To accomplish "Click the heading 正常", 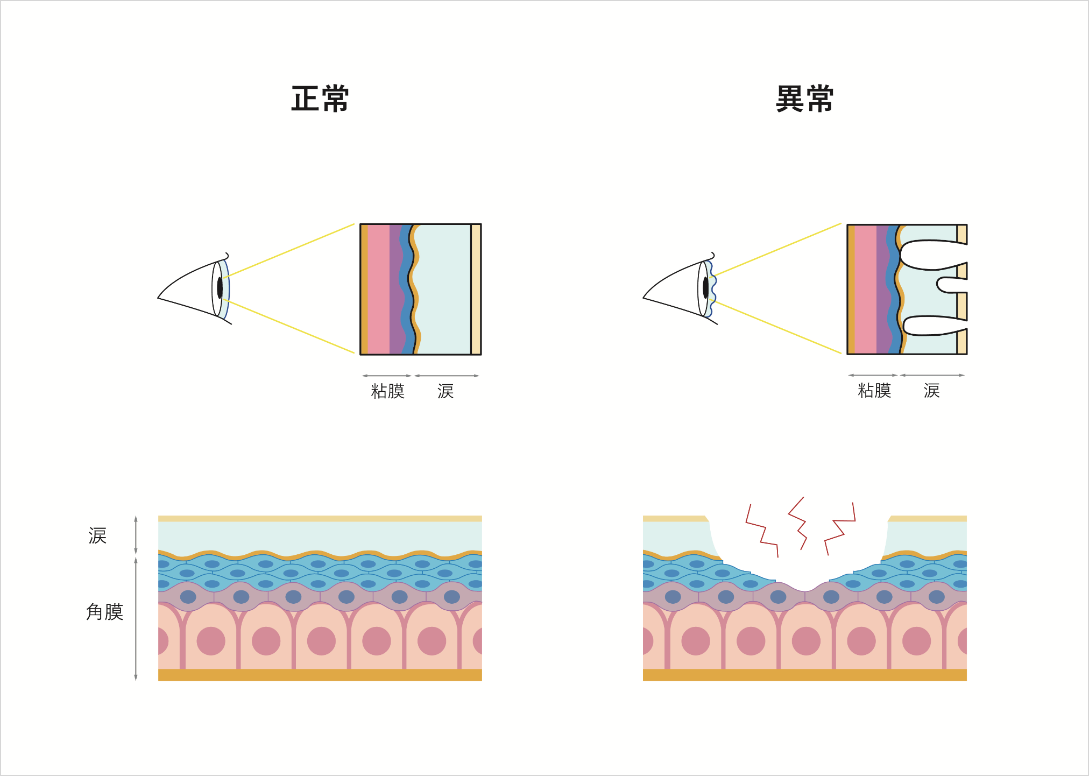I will tap(320, 99).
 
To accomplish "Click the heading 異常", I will tap(804, 99).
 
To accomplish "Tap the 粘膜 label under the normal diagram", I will tap(387, 391).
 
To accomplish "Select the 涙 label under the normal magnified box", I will tap(445, 391).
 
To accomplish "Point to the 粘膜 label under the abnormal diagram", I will tap(874, 391).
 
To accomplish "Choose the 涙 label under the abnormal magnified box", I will tap(931, 391).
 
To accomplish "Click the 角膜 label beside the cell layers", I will tap(105, 612).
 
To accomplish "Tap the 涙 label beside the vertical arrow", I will tap(97, 536).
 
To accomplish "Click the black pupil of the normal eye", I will tap(220, 288).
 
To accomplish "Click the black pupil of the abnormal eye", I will tap(705, 288).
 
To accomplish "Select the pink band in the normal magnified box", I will tap(378, 289).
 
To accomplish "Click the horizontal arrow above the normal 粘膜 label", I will tap(387, 376).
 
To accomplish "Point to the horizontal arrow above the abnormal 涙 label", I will tap(932, 375).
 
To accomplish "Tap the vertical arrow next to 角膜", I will tap(136, 619).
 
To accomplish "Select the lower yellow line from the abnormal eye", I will tap(777, 327).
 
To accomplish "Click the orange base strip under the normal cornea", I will tap(320, 675).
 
